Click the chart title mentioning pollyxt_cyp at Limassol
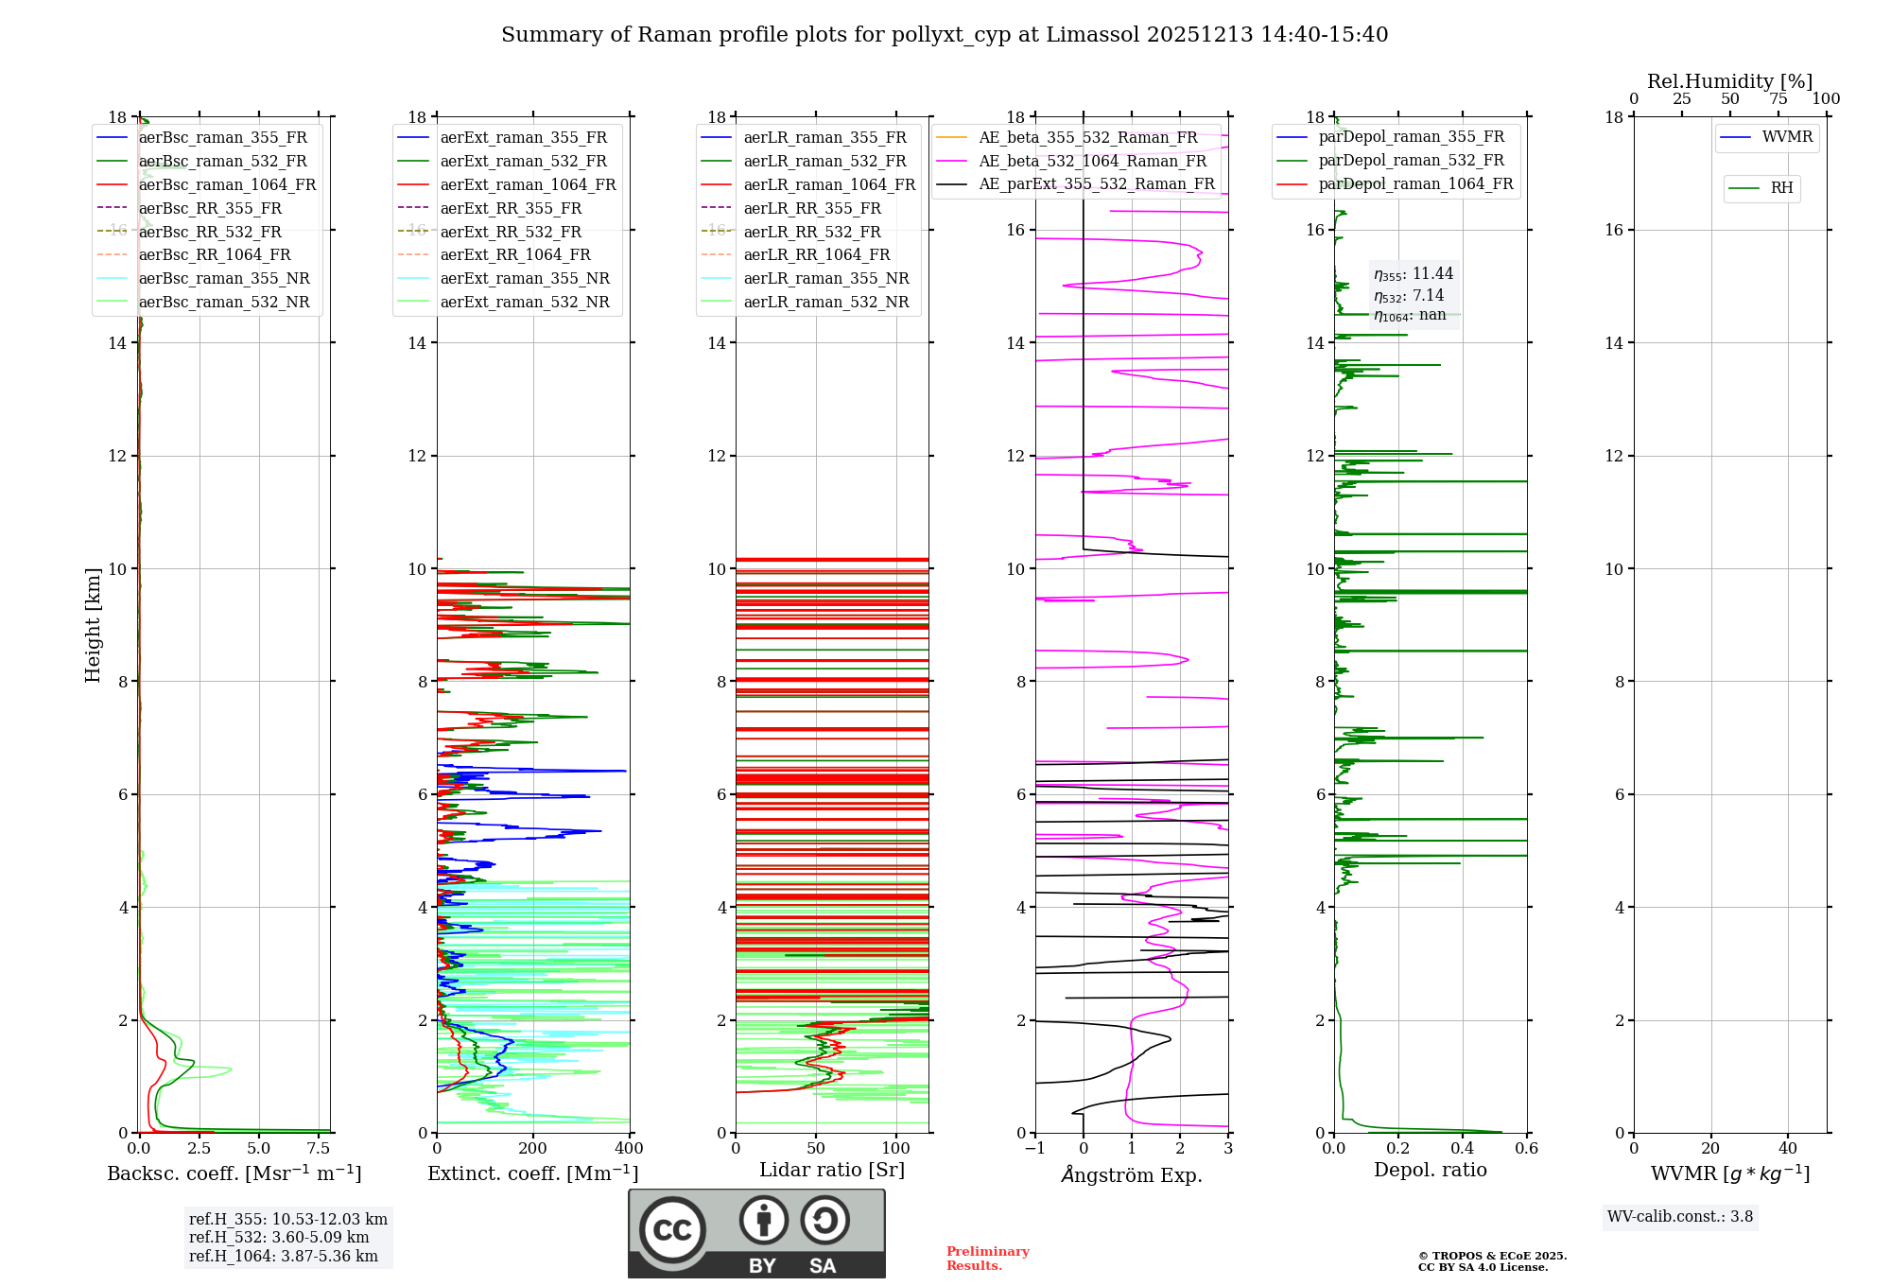pos(944,35)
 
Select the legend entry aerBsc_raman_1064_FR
pos(227,184)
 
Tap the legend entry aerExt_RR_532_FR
pos(511,232)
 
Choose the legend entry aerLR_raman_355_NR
pos(825,278)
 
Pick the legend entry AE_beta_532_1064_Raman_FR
pos(1092,161)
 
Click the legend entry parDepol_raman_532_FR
pos(1411,160)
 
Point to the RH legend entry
pos(1781,188)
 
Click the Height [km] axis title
pos(93,625)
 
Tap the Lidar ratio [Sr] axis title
pos(832,1170)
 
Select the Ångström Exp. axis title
pos(1132,1174)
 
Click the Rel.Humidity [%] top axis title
pos(1729,81)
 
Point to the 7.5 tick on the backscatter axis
pos(319,1149)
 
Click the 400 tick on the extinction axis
pos(629,1149)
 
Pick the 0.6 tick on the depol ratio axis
pos(1526,1149)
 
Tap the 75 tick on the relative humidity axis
pos(1778,99)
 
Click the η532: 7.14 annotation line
pos(1409,296)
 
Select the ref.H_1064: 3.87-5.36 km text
pos(284,1257)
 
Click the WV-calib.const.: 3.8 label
pos(1680,1217)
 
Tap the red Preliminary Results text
pos(987,1259)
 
